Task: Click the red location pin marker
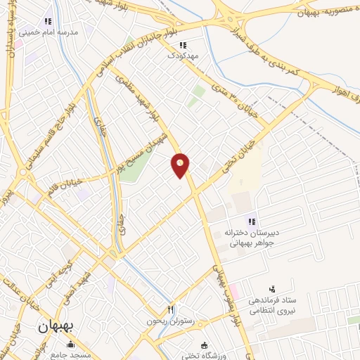click(181, 165)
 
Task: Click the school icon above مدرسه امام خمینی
click(48, 21)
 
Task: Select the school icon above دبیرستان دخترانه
click(251, 222)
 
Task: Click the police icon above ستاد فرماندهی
click(272, 289)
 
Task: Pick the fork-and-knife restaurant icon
click(169, 309)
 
